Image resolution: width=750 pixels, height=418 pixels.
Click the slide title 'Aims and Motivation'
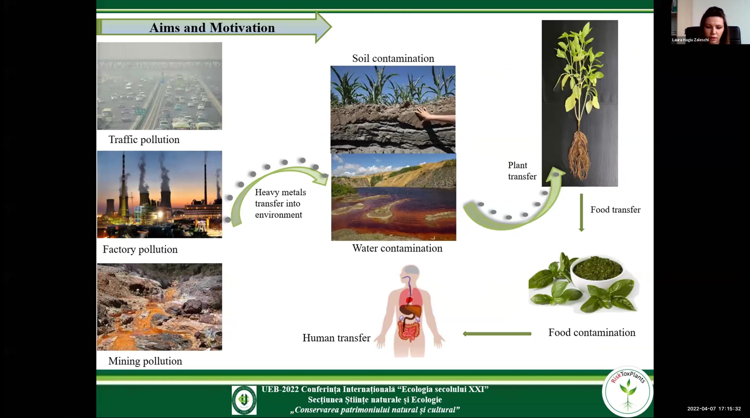[212, 28]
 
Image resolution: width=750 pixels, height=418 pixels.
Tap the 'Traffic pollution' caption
[144, 140]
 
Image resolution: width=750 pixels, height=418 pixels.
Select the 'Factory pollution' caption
[140, 249]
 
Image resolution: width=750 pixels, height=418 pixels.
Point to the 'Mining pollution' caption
[145, 361]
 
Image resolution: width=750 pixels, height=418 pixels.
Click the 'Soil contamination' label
[393, 58]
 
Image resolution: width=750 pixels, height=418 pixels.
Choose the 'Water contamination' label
[397, 248]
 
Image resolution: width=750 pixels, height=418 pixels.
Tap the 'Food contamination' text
[592, 333]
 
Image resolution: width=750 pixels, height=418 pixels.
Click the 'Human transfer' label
[336, 338]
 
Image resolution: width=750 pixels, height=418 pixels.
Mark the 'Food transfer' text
[616, 210]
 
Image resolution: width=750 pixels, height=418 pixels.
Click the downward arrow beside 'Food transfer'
[582, 213]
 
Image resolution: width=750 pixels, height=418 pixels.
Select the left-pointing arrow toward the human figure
[497, 334]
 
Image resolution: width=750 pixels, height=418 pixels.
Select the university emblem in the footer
[244, 400]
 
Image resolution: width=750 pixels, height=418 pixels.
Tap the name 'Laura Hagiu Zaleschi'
[690, 40]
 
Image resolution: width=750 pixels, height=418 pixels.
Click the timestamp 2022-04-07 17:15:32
[714, 409]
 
